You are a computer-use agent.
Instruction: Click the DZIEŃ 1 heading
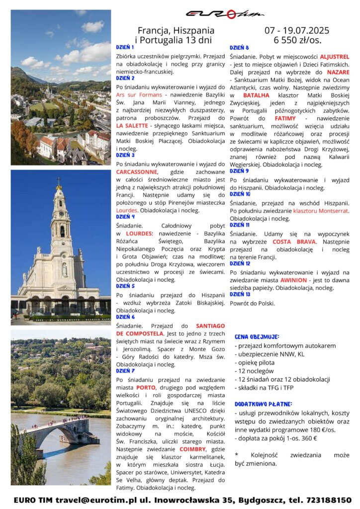(125, 47)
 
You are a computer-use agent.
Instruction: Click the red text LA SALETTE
(132, 126)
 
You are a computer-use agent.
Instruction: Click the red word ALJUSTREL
(335, 57)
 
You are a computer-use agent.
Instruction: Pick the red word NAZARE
(338, 73)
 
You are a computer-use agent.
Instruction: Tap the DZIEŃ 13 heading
(240, 294)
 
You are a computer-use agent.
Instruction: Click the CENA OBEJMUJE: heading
(257, 337)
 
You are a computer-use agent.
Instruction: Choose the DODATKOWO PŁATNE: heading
(263, 404)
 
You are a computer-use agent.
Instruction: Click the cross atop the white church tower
(59, 181)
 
